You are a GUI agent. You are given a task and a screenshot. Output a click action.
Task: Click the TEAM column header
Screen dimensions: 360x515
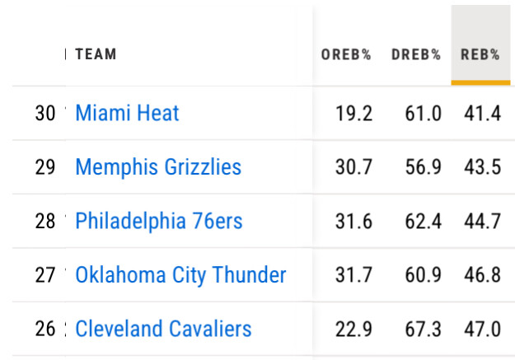coord(96,54)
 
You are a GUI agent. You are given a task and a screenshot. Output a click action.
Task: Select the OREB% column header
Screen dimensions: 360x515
coord(346,55)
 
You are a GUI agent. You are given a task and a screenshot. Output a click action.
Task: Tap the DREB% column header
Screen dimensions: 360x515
coord(416,55)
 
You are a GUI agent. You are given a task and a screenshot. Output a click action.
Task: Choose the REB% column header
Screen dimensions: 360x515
coord(480,55)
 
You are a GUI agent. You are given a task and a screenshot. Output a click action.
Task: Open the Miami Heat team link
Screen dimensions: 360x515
coord(127,113)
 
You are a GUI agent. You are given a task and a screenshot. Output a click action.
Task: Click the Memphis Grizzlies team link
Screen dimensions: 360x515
coord(158,167)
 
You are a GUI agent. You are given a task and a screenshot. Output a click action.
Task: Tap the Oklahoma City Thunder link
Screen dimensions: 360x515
coord(180,275)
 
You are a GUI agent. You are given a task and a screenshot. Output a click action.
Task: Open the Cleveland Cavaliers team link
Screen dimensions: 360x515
coord(163,329)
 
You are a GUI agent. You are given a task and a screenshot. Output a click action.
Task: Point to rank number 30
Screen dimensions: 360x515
coord(45,113)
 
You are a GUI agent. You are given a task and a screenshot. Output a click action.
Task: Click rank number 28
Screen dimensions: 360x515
coord(45,221)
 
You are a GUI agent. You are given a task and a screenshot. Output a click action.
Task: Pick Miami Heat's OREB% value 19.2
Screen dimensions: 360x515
coord(354,113)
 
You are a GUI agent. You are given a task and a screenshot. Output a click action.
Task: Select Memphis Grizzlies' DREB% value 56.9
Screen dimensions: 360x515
coord(423,167)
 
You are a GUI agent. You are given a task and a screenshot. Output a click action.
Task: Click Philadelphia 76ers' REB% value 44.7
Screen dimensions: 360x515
coord(482,221)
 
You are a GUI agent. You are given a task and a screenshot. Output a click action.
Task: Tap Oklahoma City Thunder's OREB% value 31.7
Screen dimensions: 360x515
coord(354,275)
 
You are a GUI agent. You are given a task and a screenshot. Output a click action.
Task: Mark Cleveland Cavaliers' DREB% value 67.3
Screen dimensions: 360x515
coord(423,329)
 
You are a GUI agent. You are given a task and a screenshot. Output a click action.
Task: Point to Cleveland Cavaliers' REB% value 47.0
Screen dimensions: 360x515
coord(482,329)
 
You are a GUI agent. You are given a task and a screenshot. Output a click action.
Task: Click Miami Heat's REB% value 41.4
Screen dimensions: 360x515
coord(482,113)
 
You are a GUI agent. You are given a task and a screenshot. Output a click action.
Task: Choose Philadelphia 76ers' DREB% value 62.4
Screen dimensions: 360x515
coord(423,221)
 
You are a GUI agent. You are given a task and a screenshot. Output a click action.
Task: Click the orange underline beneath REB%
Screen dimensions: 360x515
coord(480,82)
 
